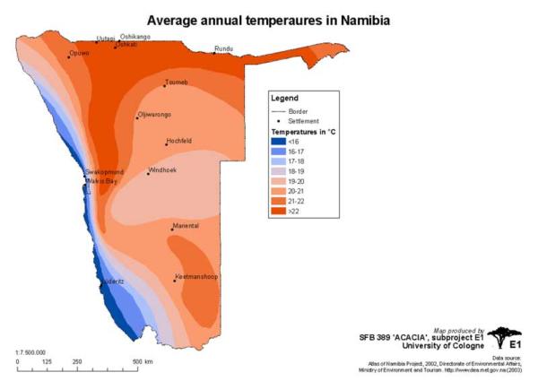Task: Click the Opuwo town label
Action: tap(79, 54)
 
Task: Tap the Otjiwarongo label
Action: tap(154, 115)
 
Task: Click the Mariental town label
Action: tap(185, 226)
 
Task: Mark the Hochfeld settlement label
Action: tap(179, 142)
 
